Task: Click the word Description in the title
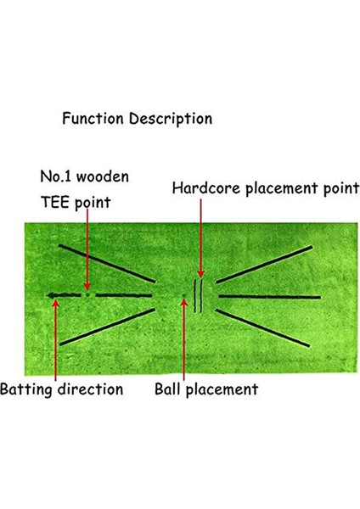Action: [x=167, y=119]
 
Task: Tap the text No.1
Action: [x=58, y=178]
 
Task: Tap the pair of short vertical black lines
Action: [x=199, y=296]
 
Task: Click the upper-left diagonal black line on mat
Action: [x=107, y=264]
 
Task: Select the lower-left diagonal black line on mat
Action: [x=107, y=327]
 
